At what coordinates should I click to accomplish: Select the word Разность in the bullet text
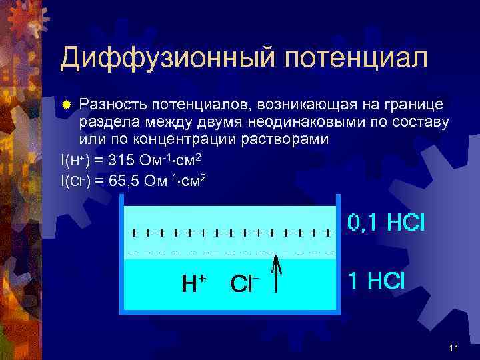tap(112, 105)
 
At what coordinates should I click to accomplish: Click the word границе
tap(416, 105)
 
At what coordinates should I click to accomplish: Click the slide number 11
tap(454, 347)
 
